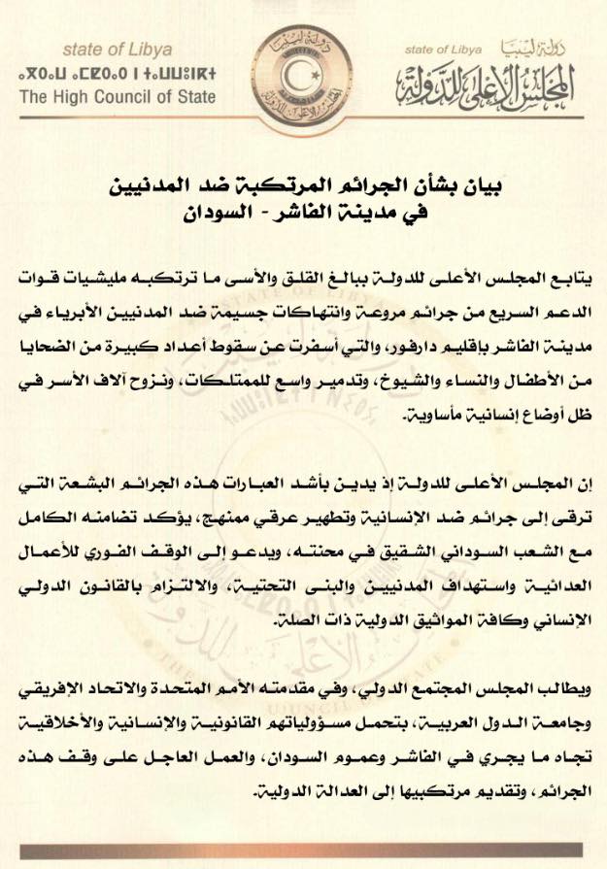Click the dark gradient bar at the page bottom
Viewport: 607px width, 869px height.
[x=303, y=852]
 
